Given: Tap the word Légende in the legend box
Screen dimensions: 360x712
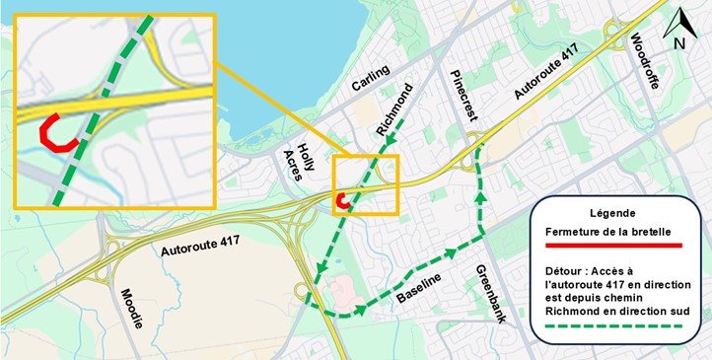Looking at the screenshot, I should pos(612,213).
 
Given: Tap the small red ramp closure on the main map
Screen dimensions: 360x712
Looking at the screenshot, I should pos(342,202).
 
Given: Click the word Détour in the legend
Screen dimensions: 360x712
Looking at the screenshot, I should pos(565,268).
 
